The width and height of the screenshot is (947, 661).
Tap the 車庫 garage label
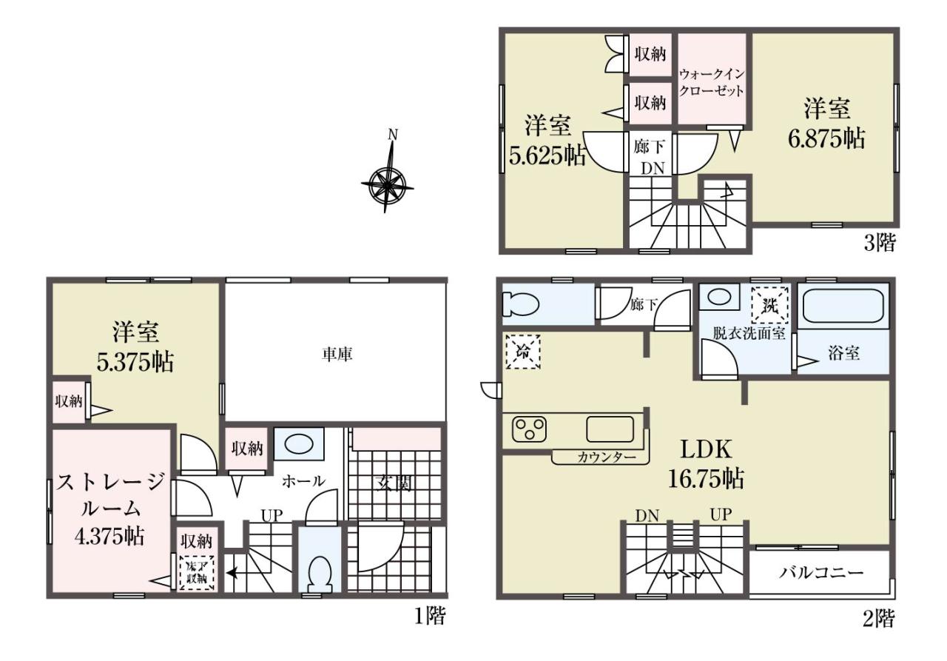pyautogui.click(x=337, y=355)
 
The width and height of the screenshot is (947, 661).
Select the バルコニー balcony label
pyautogui.click(x=821, y=573)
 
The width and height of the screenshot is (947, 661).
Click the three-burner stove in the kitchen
pyautogui.click(x=529, y=429)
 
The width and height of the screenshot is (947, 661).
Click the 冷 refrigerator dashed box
pyautogui.click(x=523, y=352)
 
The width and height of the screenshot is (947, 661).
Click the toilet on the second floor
pyautogui.click(x=520, y=304)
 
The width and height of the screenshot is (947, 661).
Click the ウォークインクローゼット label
pyautogui.click(x=711, y=82)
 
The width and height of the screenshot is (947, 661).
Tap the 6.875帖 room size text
pyautogui.click(x=826, y=138)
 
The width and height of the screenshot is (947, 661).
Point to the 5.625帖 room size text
pyautogui.click(x=547, y=156)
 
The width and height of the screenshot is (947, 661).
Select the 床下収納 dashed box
pyautogui.click(x=197, y=573)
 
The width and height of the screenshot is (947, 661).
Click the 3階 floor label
pyautogui.click(x=880, y=244)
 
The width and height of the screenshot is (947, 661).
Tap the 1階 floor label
pyautogui.click(x=430, y=616)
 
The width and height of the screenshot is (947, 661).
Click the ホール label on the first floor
pyautogui.click(x=303, y=481)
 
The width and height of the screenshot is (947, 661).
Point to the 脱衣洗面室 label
pyautogui.click(x=749, y=333)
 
